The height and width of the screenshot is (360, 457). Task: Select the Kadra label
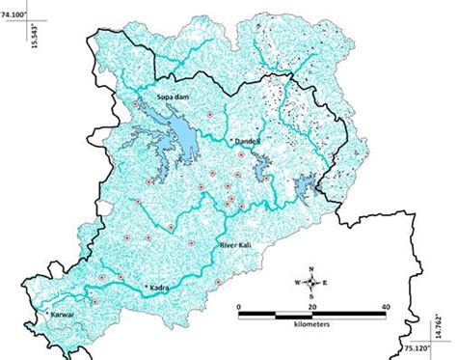click(157, 288)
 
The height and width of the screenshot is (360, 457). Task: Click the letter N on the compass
click(311, 268)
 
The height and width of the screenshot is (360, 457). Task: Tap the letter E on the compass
click(325, 283)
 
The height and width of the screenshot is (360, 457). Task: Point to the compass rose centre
click(311, 283)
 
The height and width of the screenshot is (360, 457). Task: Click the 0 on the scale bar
click(240, 306)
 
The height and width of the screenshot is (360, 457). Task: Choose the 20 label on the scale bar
click(311, 306)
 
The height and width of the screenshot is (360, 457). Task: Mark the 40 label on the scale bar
click(385, 306)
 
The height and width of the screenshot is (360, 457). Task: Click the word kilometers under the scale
click(312, 324)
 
